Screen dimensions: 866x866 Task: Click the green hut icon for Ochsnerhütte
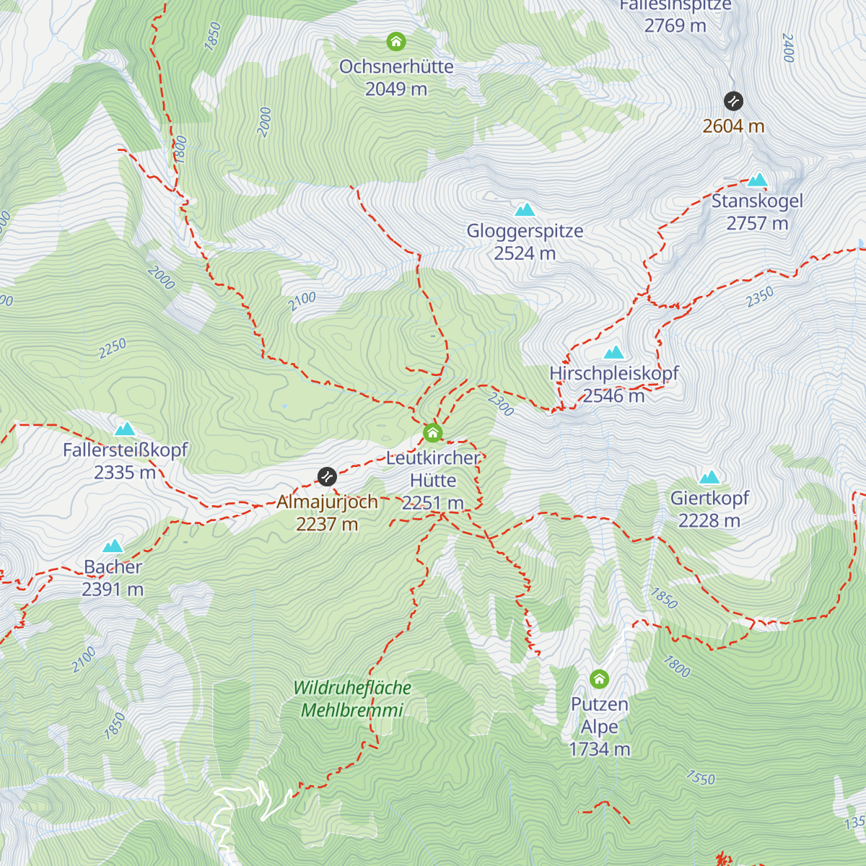pos(396,42)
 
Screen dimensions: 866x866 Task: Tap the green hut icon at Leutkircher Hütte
pos(432,433)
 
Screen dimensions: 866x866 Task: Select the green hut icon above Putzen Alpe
pos(599,679)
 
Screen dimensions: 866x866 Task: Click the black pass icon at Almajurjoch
pos(327,476)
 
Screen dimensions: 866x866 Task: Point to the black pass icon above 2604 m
pos(733,100)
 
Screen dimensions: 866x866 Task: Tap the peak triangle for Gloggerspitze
pos(525,210)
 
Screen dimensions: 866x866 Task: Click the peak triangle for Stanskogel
pos(757,180)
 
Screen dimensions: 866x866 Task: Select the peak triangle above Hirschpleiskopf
pos(613,352)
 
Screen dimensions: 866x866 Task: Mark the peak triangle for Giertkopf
pos(709,477)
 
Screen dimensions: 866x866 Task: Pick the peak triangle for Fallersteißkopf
pos(125,429)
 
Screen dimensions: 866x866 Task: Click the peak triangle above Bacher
pos(113,546)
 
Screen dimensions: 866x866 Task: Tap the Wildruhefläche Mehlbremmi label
pos(352,699)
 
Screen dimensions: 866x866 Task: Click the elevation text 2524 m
pos(525,253)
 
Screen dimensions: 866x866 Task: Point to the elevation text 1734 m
pos(599,749)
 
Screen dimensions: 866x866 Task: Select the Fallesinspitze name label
pos(675,6)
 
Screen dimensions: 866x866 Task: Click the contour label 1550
pos(700,778)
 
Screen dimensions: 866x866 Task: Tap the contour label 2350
pos(760,297)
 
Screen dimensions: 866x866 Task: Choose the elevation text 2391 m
pos(113,590)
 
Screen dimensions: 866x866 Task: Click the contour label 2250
pos(113,349)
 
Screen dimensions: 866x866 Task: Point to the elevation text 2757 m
pos(757,224)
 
